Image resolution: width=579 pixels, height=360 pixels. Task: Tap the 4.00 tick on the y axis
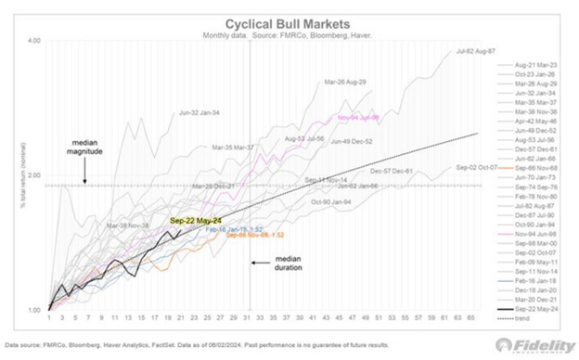pos(33,42)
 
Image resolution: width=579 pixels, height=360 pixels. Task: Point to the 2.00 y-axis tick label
pos(33,175)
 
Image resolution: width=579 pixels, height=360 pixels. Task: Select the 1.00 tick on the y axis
pos(33,309)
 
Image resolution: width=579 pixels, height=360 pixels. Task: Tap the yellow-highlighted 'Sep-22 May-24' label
pos(194,221)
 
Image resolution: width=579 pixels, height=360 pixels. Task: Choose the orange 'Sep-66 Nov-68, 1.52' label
pos(245,236)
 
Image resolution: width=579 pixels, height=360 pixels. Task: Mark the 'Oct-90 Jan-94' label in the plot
pos(331,201)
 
